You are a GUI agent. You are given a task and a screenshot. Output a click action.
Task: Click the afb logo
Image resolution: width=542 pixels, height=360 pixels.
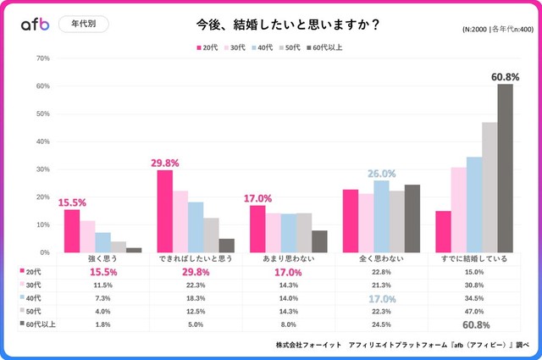[36, 25]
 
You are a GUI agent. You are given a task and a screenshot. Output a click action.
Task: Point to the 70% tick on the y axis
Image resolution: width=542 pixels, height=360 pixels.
[43, 58]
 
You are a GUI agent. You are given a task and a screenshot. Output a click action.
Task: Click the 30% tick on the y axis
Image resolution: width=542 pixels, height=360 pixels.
[43, 169]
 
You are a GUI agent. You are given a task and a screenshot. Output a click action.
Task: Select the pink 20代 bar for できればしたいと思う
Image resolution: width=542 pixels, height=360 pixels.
[164, 211]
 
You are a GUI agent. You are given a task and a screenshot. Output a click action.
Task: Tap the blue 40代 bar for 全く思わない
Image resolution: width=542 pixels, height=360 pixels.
[381, 216]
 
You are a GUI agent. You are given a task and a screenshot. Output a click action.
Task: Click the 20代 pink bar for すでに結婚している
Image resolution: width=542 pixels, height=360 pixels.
[443, 231]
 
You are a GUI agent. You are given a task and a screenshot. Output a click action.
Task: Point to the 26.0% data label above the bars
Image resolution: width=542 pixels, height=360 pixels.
[381, 174]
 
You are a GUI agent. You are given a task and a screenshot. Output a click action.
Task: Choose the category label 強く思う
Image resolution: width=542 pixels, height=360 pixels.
[102, 258]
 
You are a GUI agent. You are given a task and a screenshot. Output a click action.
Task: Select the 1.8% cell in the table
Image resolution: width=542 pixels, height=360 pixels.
[102, 324]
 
